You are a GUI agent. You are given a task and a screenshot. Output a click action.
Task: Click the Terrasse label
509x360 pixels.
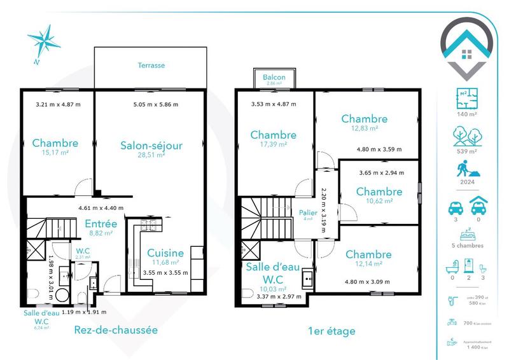(151, 66)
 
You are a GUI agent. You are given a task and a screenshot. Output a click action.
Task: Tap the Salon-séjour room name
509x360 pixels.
(151, 146)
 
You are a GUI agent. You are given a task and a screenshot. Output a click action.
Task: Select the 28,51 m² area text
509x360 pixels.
(152, 155)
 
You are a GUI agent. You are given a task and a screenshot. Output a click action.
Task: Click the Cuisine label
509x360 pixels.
(165, 253)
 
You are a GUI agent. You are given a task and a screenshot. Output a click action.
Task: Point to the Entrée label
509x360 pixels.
(101, 224)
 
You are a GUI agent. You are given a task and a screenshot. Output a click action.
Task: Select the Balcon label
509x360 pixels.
(274, 78)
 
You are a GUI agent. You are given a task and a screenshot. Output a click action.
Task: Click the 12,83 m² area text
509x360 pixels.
(365, 128)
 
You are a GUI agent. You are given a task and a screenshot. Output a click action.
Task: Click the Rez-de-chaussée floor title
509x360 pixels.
(115, 330)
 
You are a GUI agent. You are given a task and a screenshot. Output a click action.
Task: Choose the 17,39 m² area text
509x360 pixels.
(273, 144)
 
